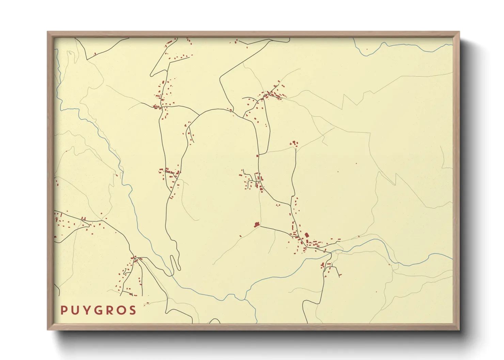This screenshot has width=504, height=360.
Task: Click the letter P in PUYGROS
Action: coord(64,310)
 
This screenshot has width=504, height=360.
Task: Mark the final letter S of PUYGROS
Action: coord(133,310)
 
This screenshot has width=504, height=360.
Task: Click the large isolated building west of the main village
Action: coord(257,224)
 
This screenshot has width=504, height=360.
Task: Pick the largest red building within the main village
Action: coord(306,235)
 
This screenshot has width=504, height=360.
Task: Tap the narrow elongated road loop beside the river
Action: coord(175,262)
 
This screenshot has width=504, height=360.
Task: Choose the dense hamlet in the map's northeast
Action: coord(274,93)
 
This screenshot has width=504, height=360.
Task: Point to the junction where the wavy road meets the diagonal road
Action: coord(291,206)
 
